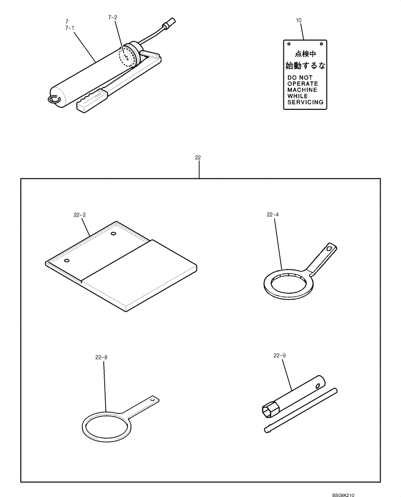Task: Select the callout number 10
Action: [x=298, y=20]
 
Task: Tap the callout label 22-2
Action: [x=79, y=215]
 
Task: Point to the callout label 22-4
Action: [x=272, y=215]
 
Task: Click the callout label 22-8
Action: [x=101, y=356]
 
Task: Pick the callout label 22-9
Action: [x=279, y=355]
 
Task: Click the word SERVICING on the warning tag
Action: [x=305, y=102]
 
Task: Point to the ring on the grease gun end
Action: [x=54, y=99]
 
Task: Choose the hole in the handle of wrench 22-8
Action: [x=154, y=399]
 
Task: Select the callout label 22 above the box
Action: [x=198, y=158]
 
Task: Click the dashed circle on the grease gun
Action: [x=127, y=56]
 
